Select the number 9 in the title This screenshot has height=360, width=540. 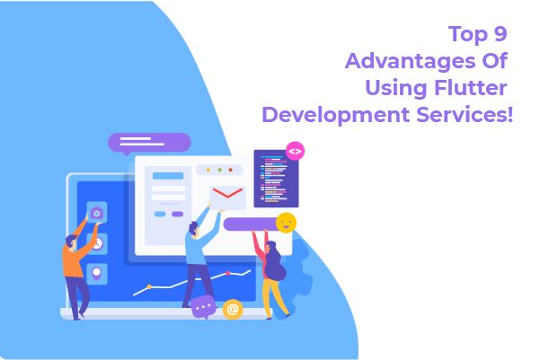pos(500,35)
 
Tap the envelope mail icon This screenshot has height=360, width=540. pos(227,197)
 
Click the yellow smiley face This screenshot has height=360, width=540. pos(286,223)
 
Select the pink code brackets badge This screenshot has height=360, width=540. pos(295,151)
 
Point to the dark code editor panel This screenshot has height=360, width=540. pos(275,178)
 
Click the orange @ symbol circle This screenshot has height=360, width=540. pos(233,309)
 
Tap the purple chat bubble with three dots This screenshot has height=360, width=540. pos(203,306)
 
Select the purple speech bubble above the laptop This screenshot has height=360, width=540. pos(149,142)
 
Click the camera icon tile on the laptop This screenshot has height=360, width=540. pos(96,213)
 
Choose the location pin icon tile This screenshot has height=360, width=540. pos(96,272)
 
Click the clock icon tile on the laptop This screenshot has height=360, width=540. pos(96,242)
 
